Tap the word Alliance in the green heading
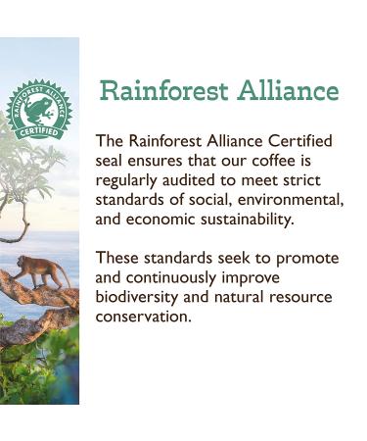pyautogui.click(x=287, y=92)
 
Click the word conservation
pyautogui.click(x=143, y=317)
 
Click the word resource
pyautogui.click(x=301, y=297)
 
